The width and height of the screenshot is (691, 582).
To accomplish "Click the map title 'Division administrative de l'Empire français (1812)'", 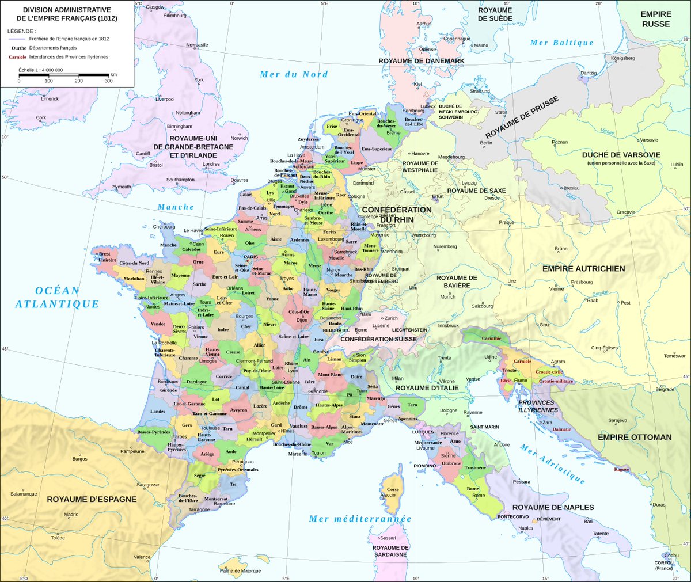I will (x=67, y=14).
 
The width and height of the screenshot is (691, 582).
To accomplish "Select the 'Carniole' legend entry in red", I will (x=17, y=57).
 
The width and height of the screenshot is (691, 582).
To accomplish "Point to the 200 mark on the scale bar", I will (x=79, y=81).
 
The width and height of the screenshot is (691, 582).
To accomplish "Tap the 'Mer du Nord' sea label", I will (x=294, y=74).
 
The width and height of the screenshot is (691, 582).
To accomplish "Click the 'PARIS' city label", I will (x=250, y=257).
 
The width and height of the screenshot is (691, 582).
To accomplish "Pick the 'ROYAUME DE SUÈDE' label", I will (x=495, y=14).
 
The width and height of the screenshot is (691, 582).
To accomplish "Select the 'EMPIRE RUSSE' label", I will (x=656, y=18).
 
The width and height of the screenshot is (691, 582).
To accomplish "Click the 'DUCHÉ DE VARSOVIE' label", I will (x=621, y=155).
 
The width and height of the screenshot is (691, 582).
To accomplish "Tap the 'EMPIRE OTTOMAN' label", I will (x=634, y=437).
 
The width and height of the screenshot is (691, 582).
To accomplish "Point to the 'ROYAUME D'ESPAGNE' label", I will (x=92, y=499).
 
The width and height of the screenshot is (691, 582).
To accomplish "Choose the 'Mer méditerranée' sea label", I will (x=360, y=519).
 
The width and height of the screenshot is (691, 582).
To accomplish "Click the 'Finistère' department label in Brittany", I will (x=107, y=260).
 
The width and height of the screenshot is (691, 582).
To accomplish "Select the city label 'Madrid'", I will (x=71, y=515).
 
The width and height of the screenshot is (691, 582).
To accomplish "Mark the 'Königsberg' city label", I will (x=622, y=58).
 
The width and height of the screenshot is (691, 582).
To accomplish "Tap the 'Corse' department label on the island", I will (x=393, y=489).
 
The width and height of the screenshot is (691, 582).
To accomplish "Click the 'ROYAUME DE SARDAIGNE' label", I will (x=390, y=551).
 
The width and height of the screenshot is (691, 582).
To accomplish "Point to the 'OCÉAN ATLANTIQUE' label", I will (x=57, y=297).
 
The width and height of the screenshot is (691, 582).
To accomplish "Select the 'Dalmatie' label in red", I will (x=561, y=429).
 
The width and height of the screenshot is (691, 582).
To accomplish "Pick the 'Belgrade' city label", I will (x=665, y=390).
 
